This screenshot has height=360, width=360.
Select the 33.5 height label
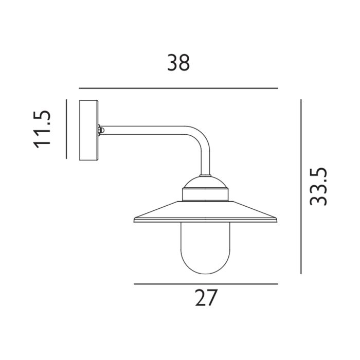point(319,186)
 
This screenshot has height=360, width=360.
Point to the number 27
point(206,298)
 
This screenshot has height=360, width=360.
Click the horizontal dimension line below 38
point(178,88)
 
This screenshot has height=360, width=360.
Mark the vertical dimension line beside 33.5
point(300,186)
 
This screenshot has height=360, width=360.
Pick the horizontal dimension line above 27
point(206,284)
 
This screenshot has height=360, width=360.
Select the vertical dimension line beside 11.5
point(67,129)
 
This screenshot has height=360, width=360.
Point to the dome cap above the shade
point(206,183)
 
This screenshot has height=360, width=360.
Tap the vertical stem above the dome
point(206,162)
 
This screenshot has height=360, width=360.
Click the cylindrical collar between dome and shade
point(206,195)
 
